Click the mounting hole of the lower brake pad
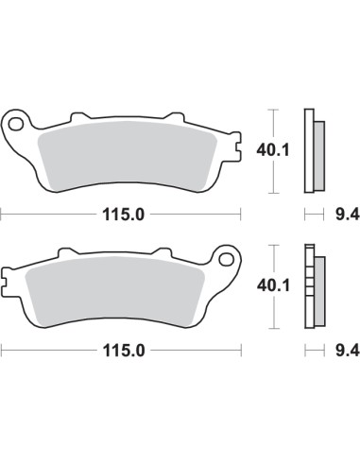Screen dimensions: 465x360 coord(226,256)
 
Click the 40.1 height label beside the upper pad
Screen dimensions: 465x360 coord(274,148)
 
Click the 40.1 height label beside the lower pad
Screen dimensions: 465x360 coord(274,284)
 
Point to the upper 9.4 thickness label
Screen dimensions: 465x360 coord(348,215)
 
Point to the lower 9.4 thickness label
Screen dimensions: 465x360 coord(348,350)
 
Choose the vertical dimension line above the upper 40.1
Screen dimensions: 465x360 coord(273,124)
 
